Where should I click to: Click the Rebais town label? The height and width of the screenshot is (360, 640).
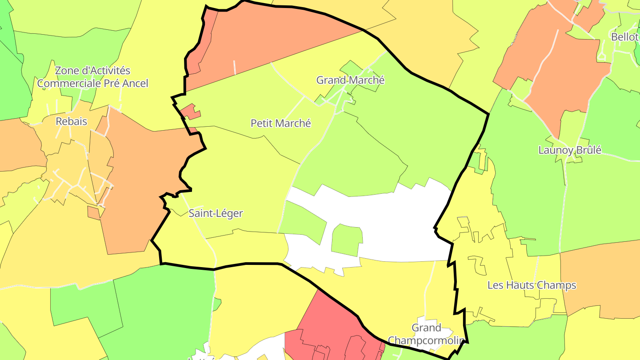coord(71,121)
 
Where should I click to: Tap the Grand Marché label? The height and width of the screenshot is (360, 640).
coord(350,80)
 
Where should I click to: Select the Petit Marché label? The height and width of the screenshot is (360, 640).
coord(281,123)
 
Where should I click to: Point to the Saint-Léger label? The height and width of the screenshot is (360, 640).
coord(216,213)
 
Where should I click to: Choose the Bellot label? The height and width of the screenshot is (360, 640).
coord(624,37)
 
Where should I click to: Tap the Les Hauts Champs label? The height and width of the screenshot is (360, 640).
coord(532,285)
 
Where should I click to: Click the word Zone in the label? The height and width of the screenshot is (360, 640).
coord(66,71)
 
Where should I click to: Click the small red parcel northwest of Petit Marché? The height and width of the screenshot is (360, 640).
coord(190,112)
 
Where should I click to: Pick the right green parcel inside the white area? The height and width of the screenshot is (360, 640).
coord(346,240)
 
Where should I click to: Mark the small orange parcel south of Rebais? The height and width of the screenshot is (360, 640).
coord(94,212)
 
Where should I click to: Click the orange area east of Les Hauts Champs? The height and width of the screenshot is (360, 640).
coord(600,276)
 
